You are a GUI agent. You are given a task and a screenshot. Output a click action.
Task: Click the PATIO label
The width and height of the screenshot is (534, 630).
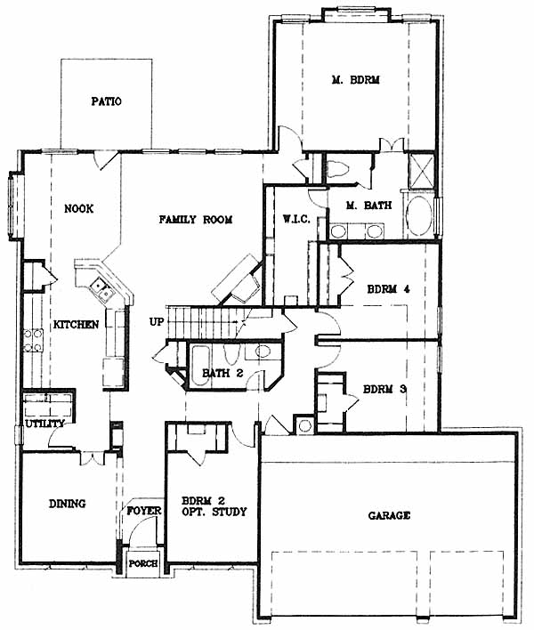[106, 101]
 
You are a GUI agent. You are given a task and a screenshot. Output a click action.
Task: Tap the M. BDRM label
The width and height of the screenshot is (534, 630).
[356, 79]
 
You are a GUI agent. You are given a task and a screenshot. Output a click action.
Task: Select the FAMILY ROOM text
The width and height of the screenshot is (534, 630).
[195, 220]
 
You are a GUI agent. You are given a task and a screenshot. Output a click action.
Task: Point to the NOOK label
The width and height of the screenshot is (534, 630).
[78, 208]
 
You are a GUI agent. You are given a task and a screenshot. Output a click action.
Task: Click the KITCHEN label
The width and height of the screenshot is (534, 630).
[76, 324]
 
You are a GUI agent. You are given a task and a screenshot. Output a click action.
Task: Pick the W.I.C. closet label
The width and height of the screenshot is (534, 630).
[296, 220]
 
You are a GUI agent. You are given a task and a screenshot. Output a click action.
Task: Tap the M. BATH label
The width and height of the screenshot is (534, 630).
[368, 206]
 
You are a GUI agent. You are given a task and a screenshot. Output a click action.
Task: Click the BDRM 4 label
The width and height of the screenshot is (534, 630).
[389, 289]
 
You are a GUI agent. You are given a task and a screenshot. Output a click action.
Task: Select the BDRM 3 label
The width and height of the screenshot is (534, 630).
[385, 389]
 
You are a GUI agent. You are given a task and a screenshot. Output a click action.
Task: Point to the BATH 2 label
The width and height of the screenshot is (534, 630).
[222, 373]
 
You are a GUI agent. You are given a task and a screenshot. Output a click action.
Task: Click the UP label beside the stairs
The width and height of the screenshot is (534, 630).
[157, 322]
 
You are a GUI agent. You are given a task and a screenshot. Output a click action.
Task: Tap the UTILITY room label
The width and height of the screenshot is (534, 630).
[44, 424]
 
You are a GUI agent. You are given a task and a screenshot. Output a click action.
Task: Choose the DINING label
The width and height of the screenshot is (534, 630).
[67, 504]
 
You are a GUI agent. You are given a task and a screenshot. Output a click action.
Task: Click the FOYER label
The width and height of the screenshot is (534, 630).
[144, 511]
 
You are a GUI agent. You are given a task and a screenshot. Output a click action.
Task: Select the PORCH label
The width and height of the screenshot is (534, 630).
[143, 563]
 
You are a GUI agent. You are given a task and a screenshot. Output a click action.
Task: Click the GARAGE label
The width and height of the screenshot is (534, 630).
[389, 515]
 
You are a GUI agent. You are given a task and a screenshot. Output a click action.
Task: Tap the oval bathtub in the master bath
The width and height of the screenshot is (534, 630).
[419, 215]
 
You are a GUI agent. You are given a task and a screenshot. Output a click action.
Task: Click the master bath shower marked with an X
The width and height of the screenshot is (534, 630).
[421, 171]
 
